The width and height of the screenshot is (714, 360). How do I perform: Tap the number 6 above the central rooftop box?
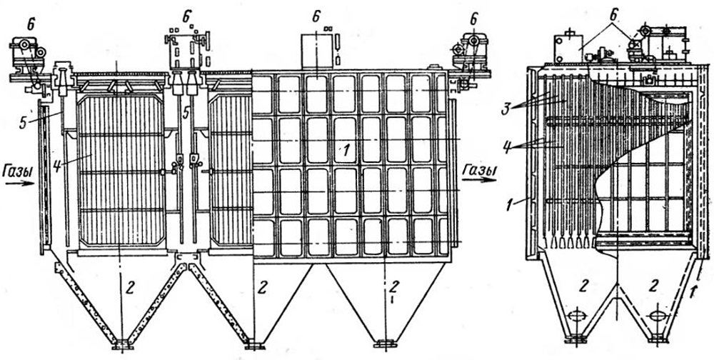(x=315, y=14)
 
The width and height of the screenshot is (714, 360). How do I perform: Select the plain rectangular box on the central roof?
(x=315, y=50)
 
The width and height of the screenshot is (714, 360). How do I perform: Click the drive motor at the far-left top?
(x=26, y=54)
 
